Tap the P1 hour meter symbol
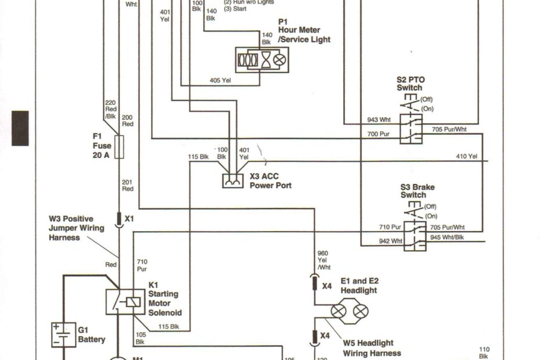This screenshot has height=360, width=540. click(261, 60)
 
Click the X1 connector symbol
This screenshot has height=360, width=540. click(119, 219)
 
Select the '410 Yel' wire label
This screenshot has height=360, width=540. click(466, 156)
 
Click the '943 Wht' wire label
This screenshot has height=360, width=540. click(380, 120)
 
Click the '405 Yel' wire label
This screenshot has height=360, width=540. click(220, 81)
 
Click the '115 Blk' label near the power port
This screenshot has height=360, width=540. click(198, 156)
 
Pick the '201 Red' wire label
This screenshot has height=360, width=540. click(127, 185)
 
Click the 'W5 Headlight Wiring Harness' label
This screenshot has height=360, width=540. click(372, 348)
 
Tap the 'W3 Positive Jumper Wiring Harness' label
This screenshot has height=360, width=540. click(77, 228)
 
